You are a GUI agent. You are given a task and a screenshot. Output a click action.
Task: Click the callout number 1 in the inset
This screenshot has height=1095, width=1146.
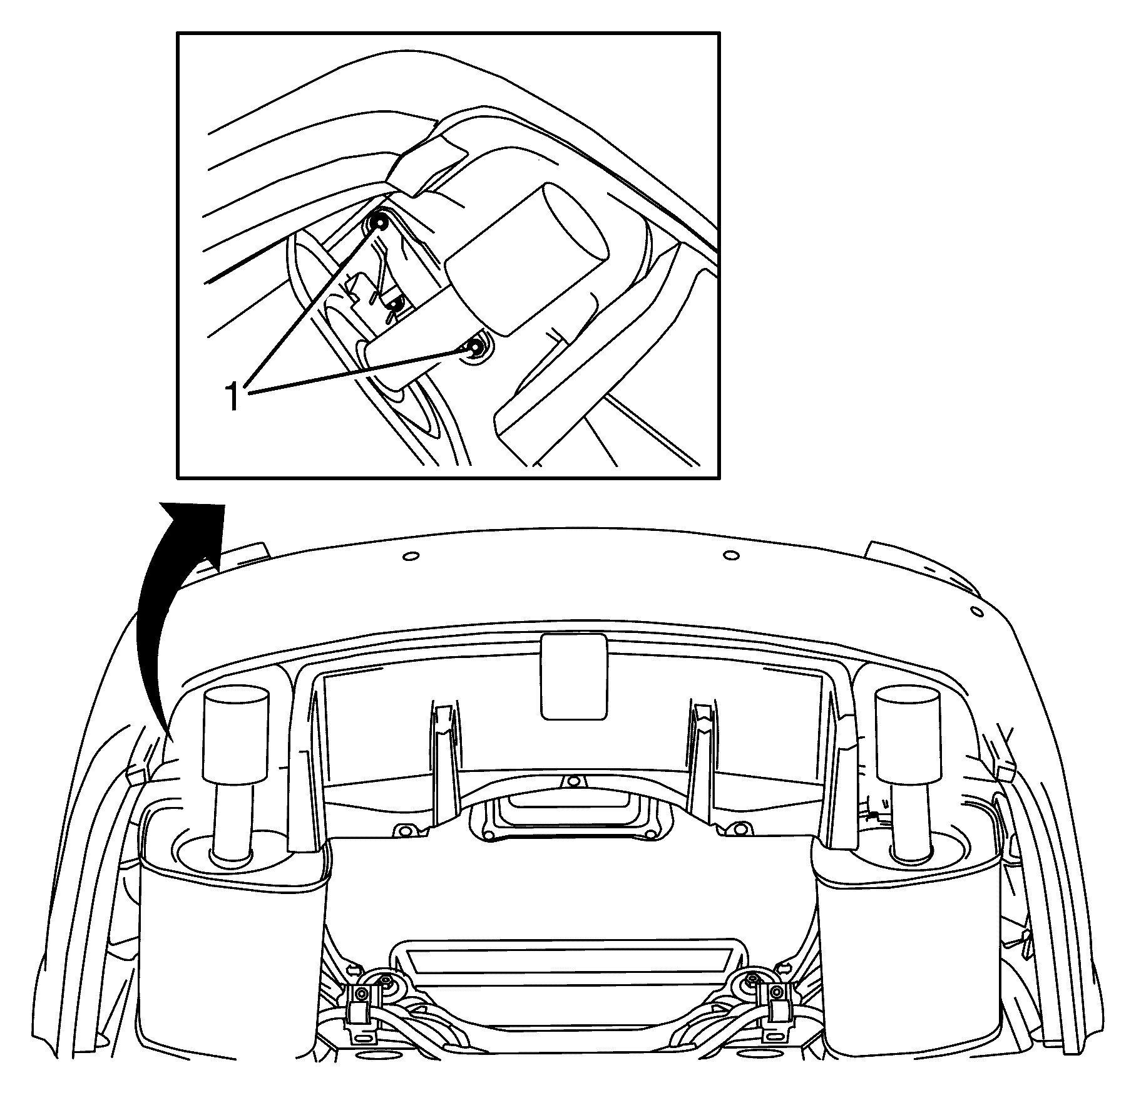[232, 396]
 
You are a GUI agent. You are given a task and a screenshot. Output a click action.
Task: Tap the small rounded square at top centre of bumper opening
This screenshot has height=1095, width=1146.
[573, 676]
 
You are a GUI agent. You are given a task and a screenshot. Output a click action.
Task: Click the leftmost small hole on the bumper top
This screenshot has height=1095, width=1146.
[410, 556]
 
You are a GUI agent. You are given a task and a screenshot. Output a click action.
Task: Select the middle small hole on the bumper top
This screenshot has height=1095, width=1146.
[730, 555]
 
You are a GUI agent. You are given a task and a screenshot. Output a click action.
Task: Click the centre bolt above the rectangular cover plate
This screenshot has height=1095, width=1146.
[571, 782]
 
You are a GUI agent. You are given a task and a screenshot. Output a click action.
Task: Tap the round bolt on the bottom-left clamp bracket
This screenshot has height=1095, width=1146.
[361, 993]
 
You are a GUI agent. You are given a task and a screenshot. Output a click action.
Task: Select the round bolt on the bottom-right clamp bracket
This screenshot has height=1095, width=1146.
[777, 992]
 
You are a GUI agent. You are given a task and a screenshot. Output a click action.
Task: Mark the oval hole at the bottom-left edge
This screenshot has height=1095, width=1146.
[363, 1038]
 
